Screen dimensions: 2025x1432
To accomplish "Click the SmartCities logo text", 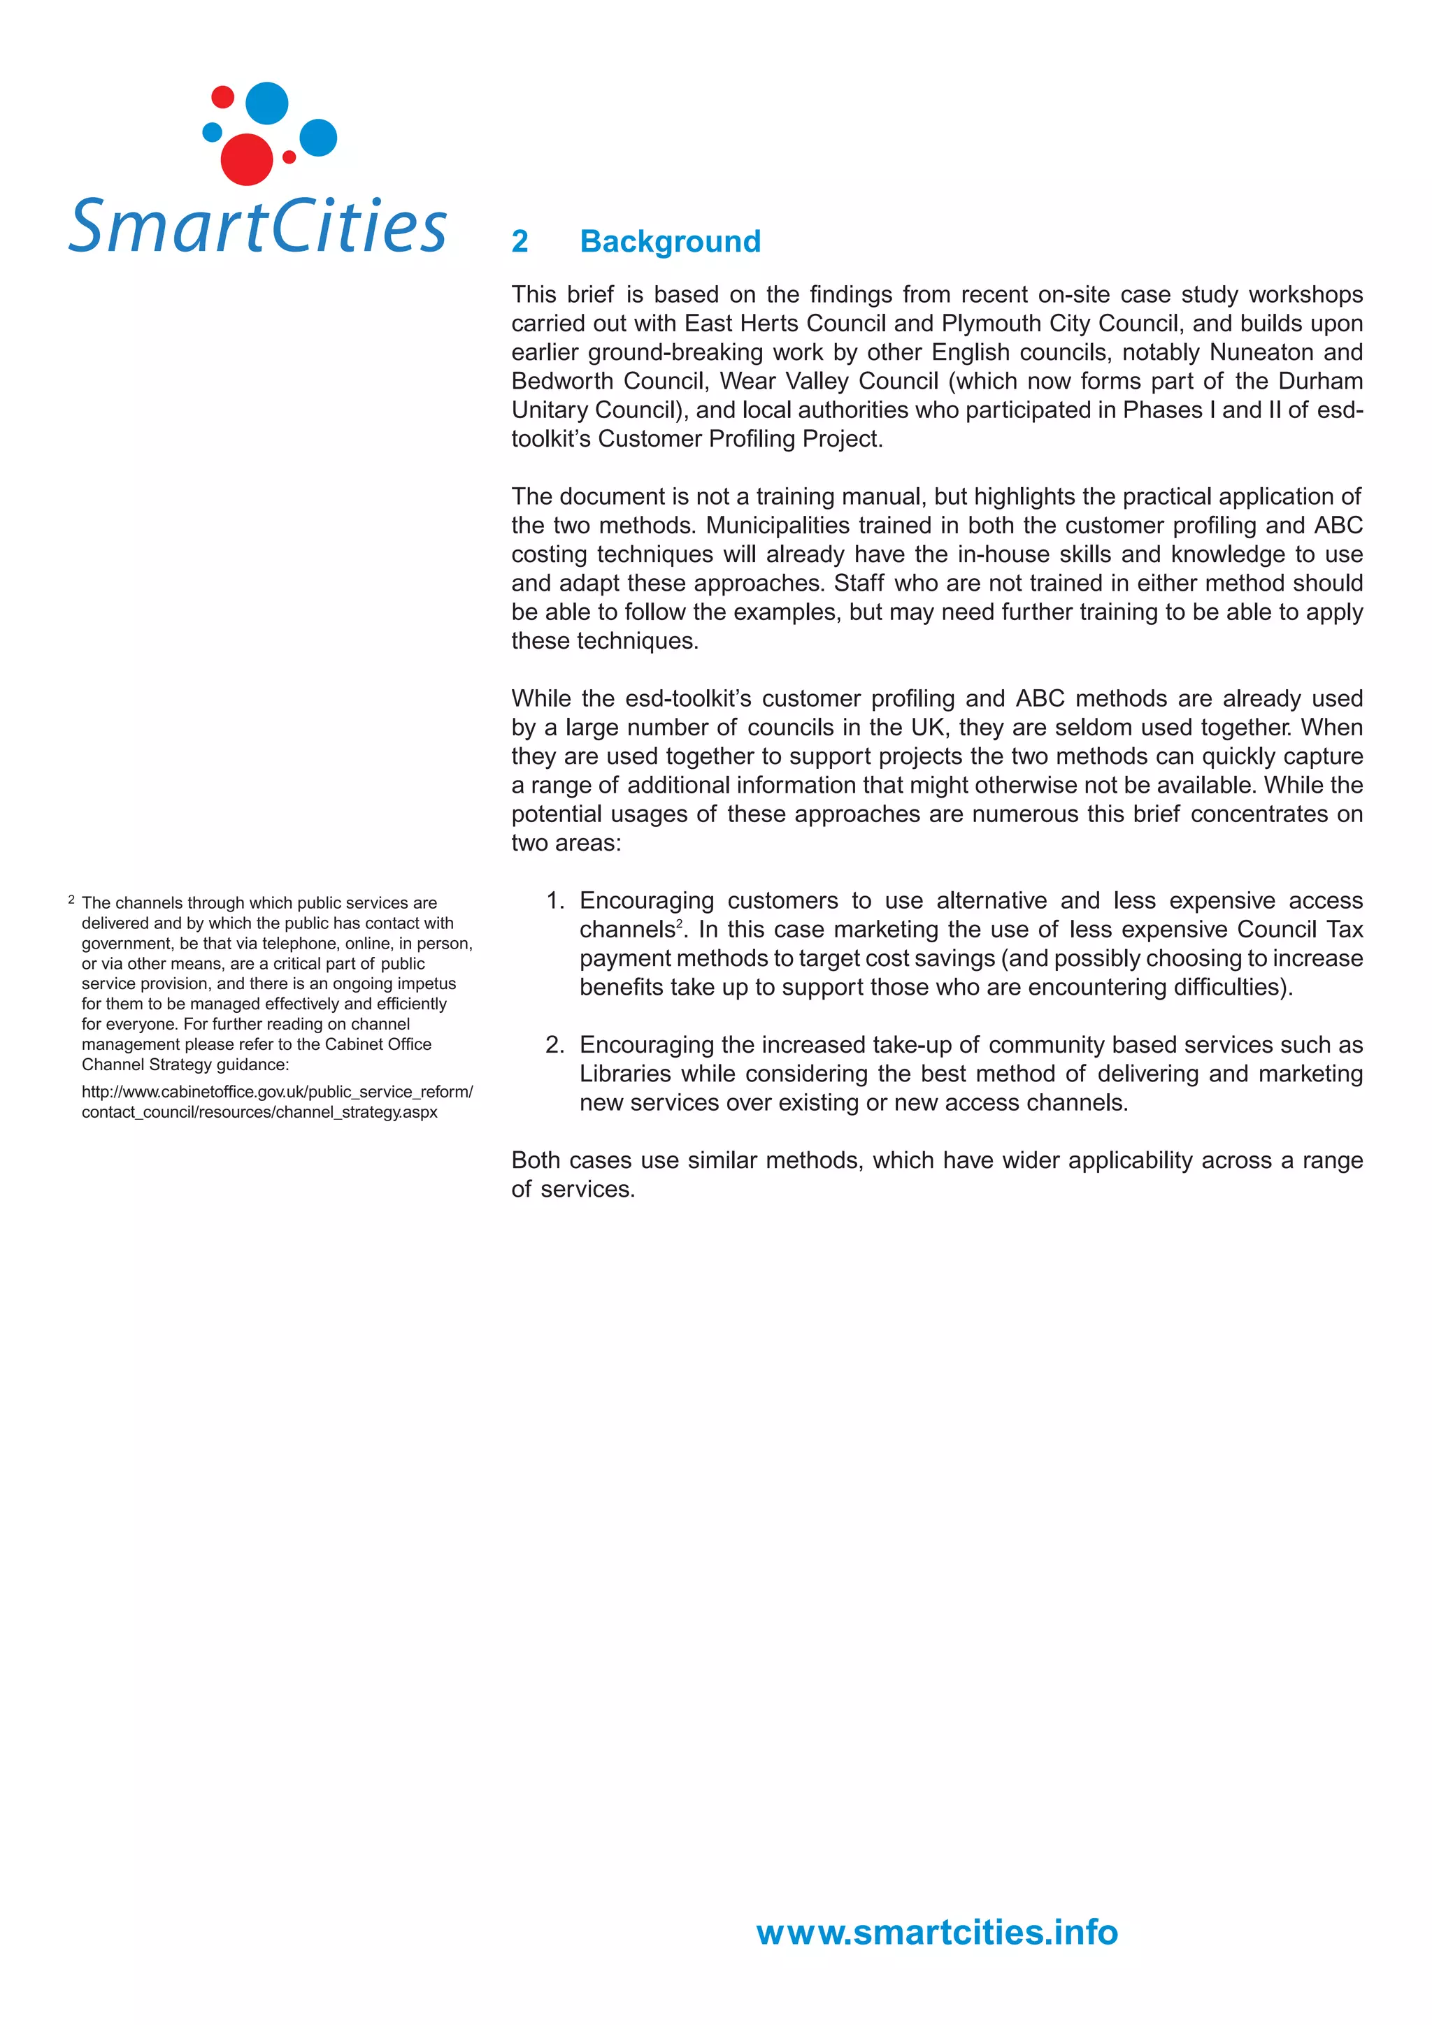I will click(x=257, y=226).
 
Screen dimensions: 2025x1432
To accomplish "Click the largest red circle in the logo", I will click(x=246, y=159).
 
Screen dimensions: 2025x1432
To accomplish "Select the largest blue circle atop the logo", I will click(x=266, y=103).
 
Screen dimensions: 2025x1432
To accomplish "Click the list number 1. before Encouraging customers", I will click(x=555, y=900).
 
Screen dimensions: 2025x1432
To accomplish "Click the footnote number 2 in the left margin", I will click(x=71, y=900).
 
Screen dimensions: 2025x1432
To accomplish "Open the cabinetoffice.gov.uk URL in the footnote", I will click(x=276, y=1102).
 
